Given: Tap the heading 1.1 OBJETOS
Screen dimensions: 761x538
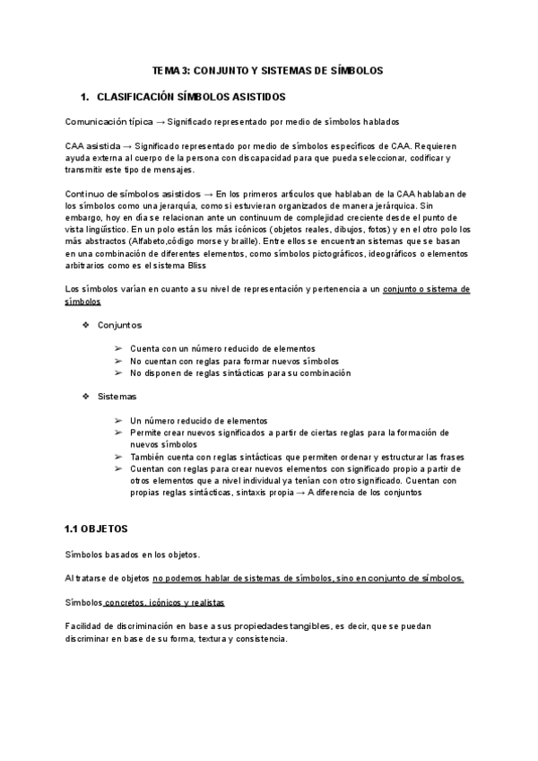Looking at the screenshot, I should (x=97, y=529).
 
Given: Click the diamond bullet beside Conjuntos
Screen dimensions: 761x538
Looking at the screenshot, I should (x=86, y=324).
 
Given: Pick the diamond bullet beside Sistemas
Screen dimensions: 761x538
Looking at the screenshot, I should (x=86, y=396).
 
